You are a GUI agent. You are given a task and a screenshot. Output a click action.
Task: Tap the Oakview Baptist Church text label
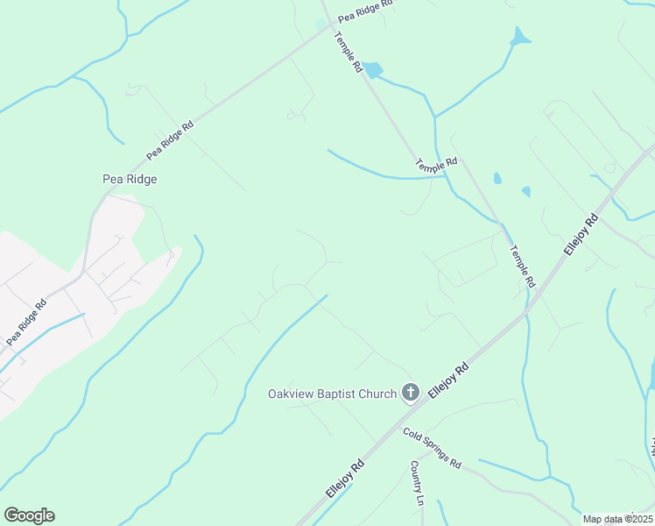pyautogui.click(x=332, y=394)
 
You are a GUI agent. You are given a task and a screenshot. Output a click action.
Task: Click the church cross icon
pyautogui.click(x=410, y=393)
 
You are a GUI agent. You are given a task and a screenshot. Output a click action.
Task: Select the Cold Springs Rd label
pyautogui.click(x=432, y=446)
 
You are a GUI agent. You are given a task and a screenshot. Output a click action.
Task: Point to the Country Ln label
pyautogui.click(x=418, y=487)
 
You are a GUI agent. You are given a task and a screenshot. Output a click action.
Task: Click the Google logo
pyautogui.click(x=29, y=515)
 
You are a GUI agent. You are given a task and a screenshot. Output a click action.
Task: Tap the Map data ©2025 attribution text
pyautogui.click(x=618, y=519)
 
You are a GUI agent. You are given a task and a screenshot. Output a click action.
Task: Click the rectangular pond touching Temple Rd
pyautogui.click(x=373, y=69)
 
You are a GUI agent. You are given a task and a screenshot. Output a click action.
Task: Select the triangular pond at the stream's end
pyautogui.click(x=520, y=37)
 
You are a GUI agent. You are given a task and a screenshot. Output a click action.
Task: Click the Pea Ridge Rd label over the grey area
pyautogui.click(x=26, y=323)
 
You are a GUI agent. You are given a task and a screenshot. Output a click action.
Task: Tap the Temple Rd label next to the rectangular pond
pyautogui.click(x=348, y=52)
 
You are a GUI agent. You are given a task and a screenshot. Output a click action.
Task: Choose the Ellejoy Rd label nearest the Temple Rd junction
pyautogui.click(x=581, y=234)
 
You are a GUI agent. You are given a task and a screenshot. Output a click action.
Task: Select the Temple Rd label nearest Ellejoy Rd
pyautogui.click(x=522, y=266)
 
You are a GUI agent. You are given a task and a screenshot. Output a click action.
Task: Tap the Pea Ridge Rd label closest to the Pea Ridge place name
pyautogui.click(x=170, y=139)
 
